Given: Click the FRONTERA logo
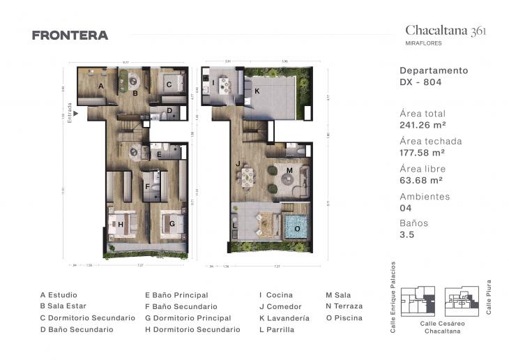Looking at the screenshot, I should pyautogui.click(x=70, y=36).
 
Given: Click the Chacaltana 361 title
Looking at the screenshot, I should pyautogui.click(x=446, y=30).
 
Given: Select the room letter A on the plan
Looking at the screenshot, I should pyautogui.click(x=101, y=86).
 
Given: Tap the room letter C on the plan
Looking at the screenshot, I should pyautogui.click(x=168, y=85).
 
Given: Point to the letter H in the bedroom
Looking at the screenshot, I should pyautogui.click(x=121, y=224).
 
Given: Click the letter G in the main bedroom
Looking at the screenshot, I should pyautogui.click(x=171, y=224).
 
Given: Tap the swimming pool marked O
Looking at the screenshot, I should pyautogui.click(x=297, y=227).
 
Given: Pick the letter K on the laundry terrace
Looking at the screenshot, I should pyautogui.click(x=257, y=91).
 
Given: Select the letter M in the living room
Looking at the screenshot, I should pyautogui.click(x=289, y=170).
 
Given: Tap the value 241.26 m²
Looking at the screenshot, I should pyautogui.click(x=423, y=126).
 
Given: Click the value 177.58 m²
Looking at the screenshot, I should pyautogui.click(x=423, y=153).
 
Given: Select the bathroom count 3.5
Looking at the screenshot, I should pyautogui.click(x=407, y=236).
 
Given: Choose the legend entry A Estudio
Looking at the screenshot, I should pyautogui.click(x=59, y=295).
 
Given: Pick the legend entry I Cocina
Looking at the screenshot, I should pyautogui.click(x=276, y=295).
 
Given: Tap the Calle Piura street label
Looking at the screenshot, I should pyautogui.click(x=488, y=299).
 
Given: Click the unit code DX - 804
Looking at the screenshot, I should pyautogui.click(x=421, y=82).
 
